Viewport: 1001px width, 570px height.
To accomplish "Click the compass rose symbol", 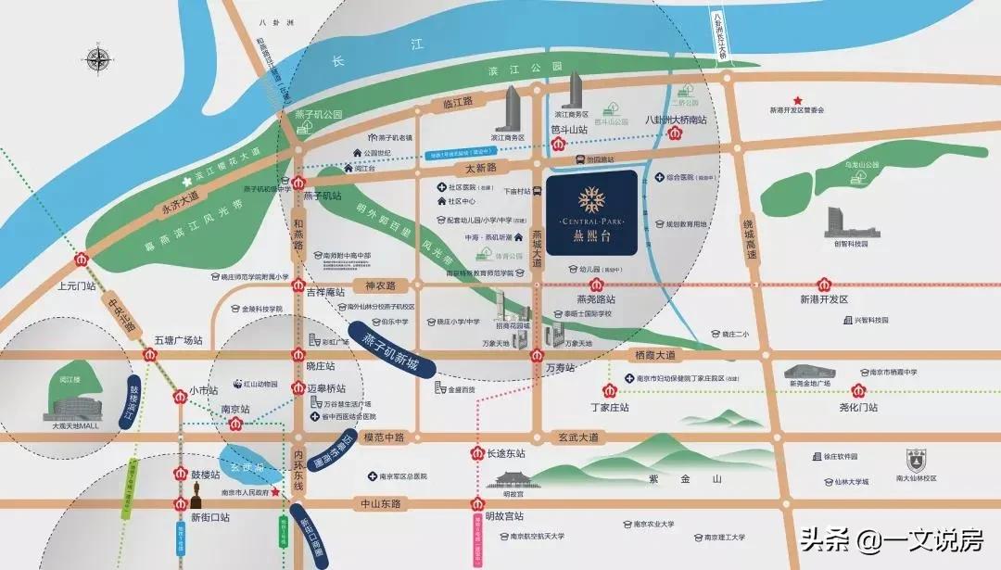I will [97, 60].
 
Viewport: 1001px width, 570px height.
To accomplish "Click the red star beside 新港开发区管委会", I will [796, 99].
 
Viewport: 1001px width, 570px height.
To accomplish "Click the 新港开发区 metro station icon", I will [824, 284].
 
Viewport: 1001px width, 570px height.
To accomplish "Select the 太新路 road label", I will [481, 168].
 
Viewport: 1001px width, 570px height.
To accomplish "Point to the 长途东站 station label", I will [507, 453].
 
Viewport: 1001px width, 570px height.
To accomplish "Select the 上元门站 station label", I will [77, 285].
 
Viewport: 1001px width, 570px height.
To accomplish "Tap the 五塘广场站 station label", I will [178, 340].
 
